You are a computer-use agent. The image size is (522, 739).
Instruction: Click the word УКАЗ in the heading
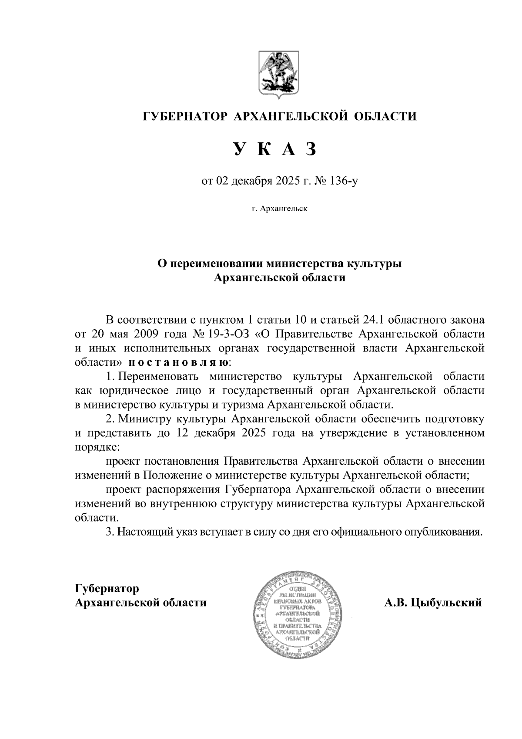[x=274, y=149]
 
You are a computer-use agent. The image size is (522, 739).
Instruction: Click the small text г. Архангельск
[x=279, y=209]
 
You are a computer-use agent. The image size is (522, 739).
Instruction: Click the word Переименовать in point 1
[x=158, y=376]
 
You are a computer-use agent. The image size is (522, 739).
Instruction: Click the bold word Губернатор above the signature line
[x=107, y=589]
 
